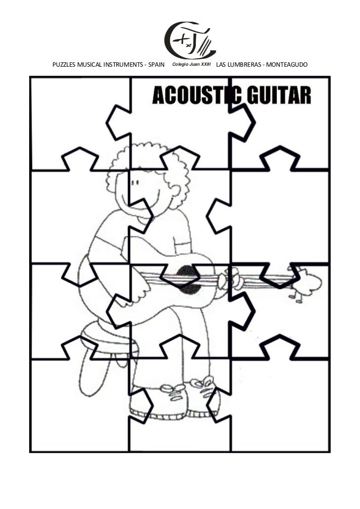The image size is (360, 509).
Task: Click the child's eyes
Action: click(x=135, y=184)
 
